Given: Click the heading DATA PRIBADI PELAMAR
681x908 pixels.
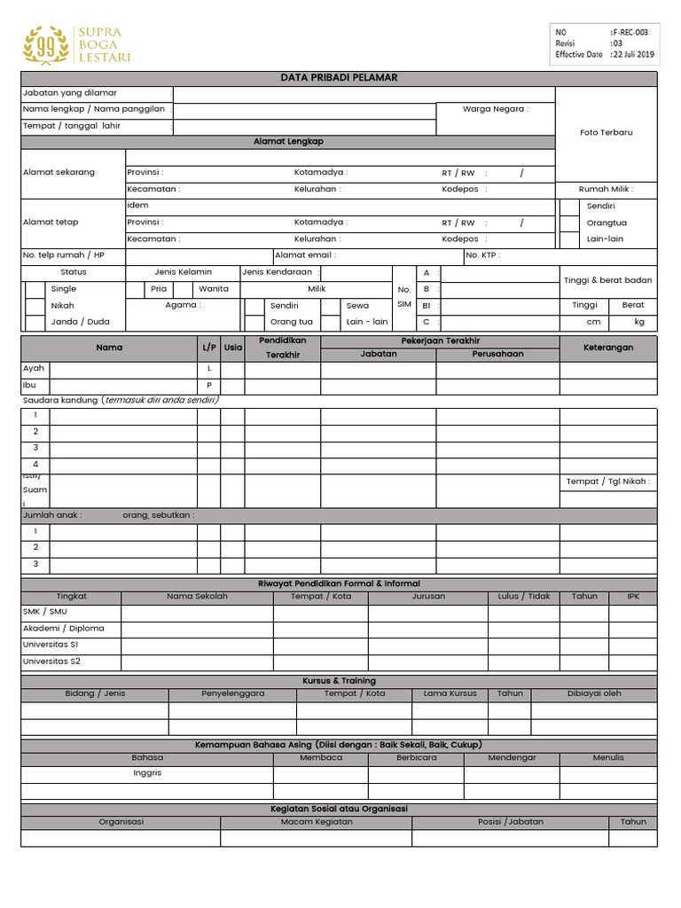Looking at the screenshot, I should pyautogui.click(x=339, y=78).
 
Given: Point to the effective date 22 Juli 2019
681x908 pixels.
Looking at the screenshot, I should pyautogui.click(x=632, y=54).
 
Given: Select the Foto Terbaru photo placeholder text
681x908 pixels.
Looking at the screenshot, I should pyautogui.click(x=607, y=132).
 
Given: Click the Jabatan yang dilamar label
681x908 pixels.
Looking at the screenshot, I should pyautogui.click(x=70, y=93).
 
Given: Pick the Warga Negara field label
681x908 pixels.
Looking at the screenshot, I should pyautogui.click(x=495, y=110).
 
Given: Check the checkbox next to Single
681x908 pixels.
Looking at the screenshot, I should pyautogui.click(x=34, y=289).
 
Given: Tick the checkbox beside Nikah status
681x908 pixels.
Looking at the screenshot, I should pyautogui.click(x=34, y=305).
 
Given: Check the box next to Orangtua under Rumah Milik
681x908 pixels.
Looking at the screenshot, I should pyautogui.click(x=568, y=223).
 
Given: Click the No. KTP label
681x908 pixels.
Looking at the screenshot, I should pyautogui.click(x=482, y=255).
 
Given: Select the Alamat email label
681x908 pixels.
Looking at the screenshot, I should pyautogui.click(x=305, y=255).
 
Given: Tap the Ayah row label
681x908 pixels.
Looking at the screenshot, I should pyautogui.click(x=33, y=368).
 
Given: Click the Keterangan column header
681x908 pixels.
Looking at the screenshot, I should pyautogui.click(x=607, y=348).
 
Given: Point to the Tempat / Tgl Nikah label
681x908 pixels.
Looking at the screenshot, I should pyautogui.click(x=607, y=481).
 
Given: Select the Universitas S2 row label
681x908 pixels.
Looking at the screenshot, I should pyautogui.click(x=51, y=661).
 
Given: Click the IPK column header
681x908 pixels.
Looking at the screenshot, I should pyautogui.click(x=632, y=597).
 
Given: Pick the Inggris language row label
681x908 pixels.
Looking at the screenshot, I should pyautogui.click(x=147, y=773).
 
